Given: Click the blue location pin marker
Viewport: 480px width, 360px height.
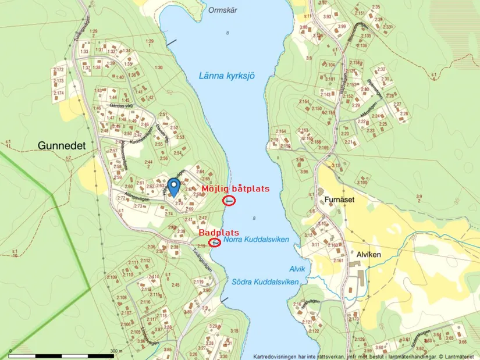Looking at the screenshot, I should [x=173, y=187].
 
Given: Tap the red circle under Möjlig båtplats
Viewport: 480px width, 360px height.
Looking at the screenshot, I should [x=229, y=201].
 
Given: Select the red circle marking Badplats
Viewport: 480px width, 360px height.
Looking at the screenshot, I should [x=215, y=242].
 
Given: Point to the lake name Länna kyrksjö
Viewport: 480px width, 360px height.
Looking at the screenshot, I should [x=226, y=76].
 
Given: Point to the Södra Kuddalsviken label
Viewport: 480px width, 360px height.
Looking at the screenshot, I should [x=265, y=281].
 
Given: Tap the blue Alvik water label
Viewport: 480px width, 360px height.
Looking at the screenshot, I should [x=297, y=269].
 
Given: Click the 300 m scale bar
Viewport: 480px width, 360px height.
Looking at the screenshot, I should [x=64, y=355].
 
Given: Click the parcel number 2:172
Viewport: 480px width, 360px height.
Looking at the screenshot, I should [x=58, y=70].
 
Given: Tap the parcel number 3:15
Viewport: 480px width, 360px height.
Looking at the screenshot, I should [x=234, y=330].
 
